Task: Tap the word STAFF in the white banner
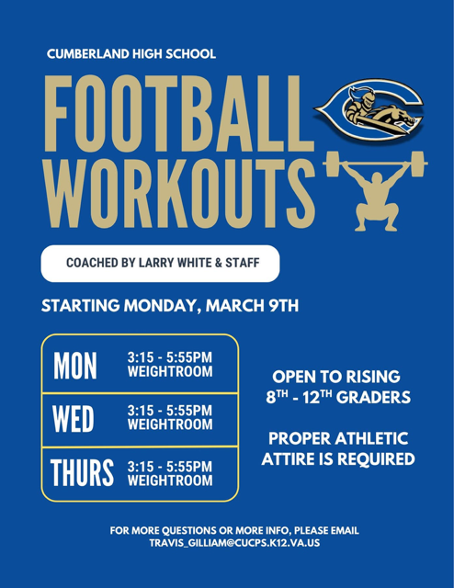238,263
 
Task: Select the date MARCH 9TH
249,306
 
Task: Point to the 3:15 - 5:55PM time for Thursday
168,465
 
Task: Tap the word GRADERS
368,399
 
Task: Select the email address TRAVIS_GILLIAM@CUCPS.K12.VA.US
234,544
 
